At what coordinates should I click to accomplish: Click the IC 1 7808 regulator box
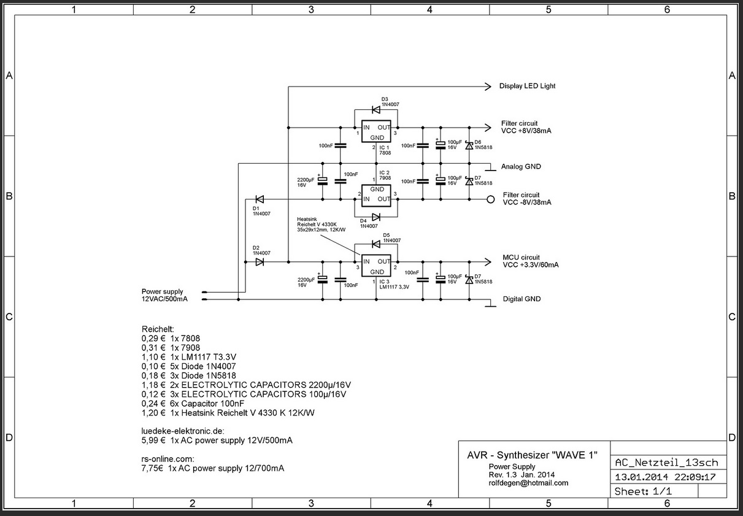click(377, 133)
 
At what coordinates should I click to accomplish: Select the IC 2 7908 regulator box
click(377, 194)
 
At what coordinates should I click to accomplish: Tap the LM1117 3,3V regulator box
click(377, 266)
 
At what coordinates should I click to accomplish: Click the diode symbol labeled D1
click(259, 199)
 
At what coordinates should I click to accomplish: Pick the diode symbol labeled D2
click(259, 262)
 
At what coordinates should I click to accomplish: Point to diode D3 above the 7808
click(375, 110)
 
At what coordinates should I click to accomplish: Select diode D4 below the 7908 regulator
click(375, 217)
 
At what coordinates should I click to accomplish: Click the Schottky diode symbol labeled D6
click(469, 145)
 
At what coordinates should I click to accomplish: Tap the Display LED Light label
click(527, 87)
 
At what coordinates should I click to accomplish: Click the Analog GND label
click(520, 167)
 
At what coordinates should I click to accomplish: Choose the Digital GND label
click(522, 299)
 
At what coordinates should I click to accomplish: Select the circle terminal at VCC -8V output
click(490, 199)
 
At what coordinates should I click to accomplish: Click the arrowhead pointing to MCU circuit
click(488, 262)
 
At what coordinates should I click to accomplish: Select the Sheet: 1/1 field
click(643, 491)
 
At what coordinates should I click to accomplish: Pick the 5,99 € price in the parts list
click(152, 441)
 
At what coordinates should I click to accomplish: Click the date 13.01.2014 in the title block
click(638, 477)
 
